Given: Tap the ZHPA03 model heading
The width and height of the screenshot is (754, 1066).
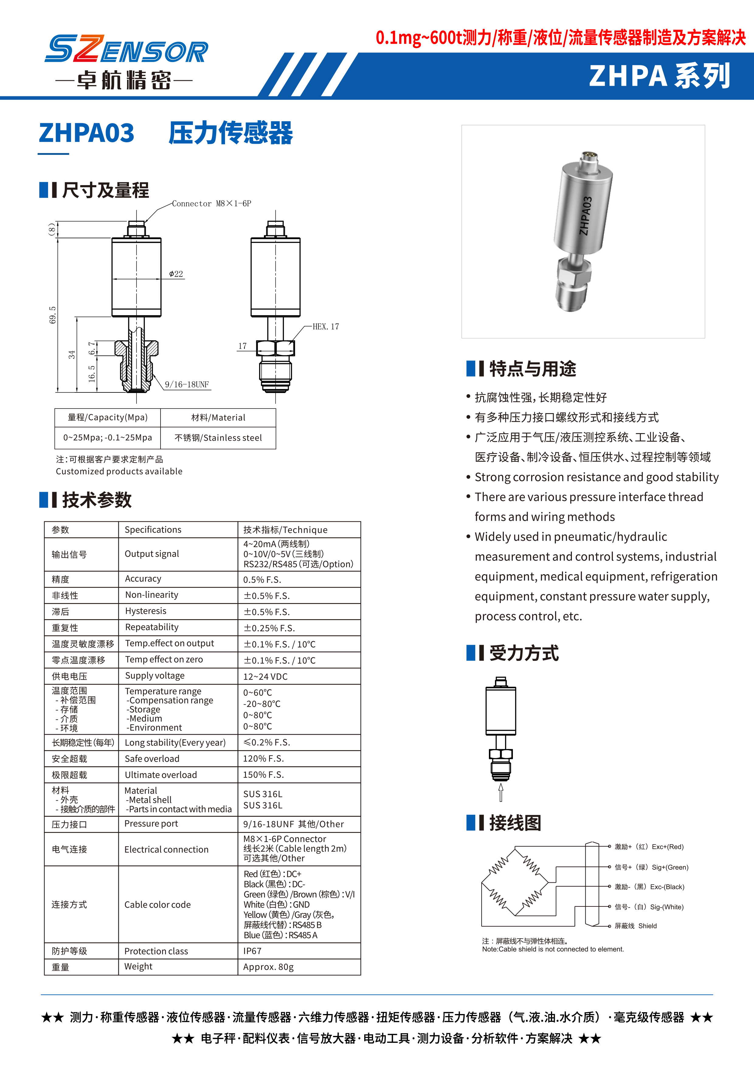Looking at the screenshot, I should (87, 133).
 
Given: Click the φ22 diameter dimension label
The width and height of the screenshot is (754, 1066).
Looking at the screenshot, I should (176, 274).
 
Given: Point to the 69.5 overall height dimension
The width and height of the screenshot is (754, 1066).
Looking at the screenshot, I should (53, 315).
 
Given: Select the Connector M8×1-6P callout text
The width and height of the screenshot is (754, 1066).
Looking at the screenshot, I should (211, 203).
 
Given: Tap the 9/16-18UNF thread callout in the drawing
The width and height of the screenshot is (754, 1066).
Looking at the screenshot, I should (187, 385).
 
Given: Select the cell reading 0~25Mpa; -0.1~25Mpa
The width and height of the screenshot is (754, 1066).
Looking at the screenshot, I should (108, 438).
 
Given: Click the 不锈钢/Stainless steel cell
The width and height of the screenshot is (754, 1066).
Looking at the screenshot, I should (218, 438).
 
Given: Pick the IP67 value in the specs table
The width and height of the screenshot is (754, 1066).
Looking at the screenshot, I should (253, 951).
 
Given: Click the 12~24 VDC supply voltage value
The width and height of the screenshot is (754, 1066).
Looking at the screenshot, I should (265, 676).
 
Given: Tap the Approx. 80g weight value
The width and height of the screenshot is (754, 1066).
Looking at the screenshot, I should (268, 967).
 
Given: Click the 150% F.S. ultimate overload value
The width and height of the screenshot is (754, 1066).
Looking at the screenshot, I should (263, 774).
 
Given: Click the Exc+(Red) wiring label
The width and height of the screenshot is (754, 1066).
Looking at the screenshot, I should (668, 847).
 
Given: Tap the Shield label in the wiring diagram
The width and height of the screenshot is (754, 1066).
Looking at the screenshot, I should (647, 926).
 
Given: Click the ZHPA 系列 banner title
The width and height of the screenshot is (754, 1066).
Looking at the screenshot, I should (659, 76).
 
